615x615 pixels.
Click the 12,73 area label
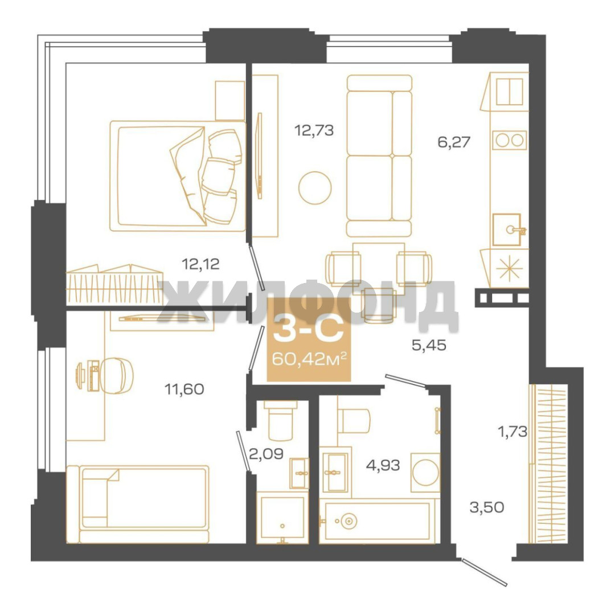click(314, 130)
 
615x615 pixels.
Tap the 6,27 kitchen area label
click(454, 142)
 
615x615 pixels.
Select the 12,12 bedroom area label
click(200, 264)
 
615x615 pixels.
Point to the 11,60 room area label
click(184, 389)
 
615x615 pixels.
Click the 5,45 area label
click(429, 345)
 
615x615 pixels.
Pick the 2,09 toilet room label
click(266, 454)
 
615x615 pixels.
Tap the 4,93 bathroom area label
click(383, 465)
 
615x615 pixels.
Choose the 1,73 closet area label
click(512, 432)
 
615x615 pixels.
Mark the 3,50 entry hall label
click(487, 507)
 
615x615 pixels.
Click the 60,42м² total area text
click(309, 359)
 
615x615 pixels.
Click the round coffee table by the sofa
click(314, 188)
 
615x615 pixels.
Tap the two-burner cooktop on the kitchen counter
click(509, 140)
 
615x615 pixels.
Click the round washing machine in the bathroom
click(425, 472)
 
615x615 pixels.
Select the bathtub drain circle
click(348, 521)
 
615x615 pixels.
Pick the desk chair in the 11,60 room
click(117, 375)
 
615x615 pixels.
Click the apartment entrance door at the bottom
click(485, 572)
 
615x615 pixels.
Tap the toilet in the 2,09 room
click(280, 420)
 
